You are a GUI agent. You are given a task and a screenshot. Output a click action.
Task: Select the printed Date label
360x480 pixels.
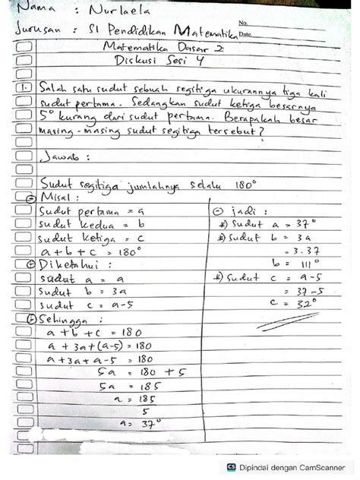pyautogui.click(x=245, y=35)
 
